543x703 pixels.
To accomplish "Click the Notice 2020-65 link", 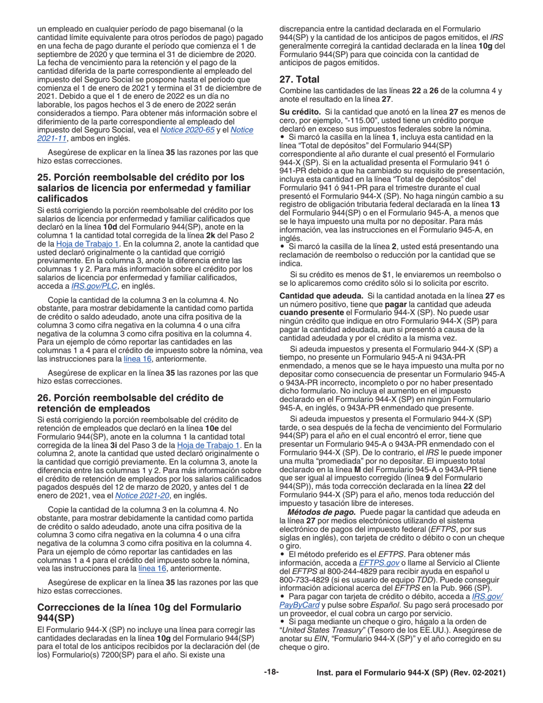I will point(196,130).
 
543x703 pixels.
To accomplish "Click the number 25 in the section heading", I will point(44,177).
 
